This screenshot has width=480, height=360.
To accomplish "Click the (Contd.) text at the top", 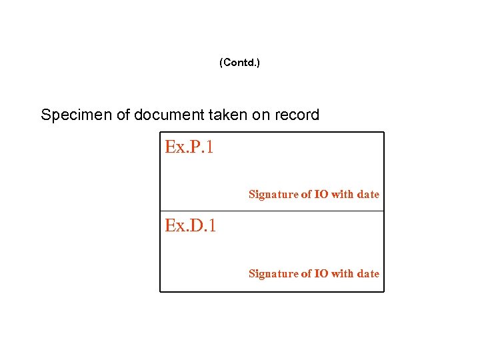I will pyautogui.click(x=239, y=63).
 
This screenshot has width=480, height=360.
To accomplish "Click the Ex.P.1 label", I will pyautogui.click(x=189, y=147).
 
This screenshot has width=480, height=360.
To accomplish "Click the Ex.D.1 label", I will pyautogui.click(x=191, y=226).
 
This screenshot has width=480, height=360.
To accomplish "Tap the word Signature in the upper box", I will pyautogui.click(x=273, y=195).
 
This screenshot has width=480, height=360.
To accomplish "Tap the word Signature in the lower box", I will pyautogui.click(x=273, y=274).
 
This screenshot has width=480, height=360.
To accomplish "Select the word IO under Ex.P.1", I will pyautogui.click(x=321, y=195).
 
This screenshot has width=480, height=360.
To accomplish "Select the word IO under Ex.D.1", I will pyautogui.click(x=321, y=274).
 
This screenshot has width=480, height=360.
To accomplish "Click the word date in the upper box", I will pyautogui.click(x=368, y=195).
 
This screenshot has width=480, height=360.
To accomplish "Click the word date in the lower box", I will pyautogui.click(x=368, y=274).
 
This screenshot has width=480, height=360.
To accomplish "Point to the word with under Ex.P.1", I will pyautogui.click(x=343, y=195).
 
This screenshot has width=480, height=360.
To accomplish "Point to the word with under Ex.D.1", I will pyautogui.click(x=343, y=274).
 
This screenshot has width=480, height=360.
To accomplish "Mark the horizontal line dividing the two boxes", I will pyautogui.click(x=272, y=211).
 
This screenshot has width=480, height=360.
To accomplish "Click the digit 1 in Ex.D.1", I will pyautogui.click(x=212, y=226).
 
